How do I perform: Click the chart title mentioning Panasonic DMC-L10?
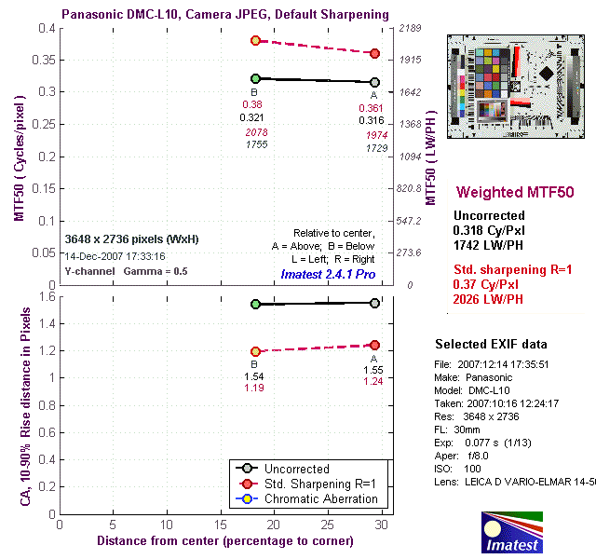coord(225,15)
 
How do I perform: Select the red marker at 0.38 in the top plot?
coord(255,41)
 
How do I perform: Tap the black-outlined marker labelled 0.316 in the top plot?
coord(374,82)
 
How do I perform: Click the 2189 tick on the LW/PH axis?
coord(412,28)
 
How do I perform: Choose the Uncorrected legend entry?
coord(297,469)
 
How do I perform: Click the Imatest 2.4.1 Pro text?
coord(328,275)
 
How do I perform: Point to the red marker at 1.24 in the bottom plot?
coord(374,345)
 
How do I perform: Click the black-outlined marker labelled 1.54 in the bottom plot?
coord(255,304)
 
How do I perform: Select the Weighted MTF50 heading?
coord(514,192)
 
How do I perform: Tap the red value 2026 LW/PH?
coord(488,298)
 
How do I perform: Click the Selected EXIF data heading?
coord(491,345)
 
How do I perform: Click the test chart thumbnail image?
coord(515,86)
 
